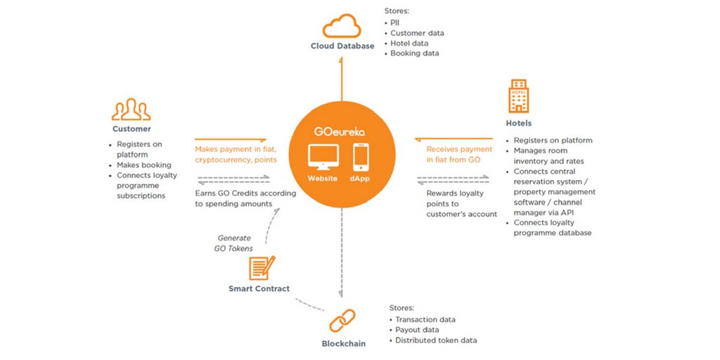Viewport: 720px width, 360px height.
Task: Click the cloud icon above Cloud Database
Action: (342, 26)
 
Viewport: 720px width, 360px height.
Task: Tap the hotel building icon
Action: (518, 96)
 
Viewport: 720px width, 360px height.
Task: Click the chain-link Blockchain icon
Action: (342, 321)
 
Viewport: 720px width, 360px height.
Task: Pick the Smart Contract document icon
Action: (262, 268)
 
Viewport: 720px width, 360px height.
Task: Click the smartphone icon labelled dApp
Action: (361, 157)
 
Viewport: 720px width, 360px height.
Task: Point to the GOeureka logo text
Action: (340, 131)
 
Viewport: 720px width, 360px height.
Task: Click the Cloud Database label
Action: (342, 46)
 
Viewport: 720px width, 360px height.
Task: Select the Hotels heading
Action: (519, 123)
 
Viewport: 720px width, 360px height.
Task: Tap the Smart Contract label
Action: (259, 289)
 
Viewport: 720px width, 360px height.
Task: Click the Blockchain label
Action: (343, 343)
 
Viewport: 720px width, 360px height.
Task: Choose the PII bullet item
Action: (392, 23)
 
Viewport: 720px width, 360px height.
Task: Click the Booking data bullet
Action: (411, 53)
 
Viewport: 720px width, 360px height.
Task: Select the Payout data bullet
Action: (413, 330)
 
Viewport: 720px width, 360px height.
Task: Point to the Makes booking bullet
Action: (141, 165)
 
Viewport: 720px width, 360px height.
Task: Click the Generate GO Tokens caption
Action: (233, 243)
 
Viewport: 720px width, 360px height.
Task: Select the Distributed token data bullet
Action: (433, 340)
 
